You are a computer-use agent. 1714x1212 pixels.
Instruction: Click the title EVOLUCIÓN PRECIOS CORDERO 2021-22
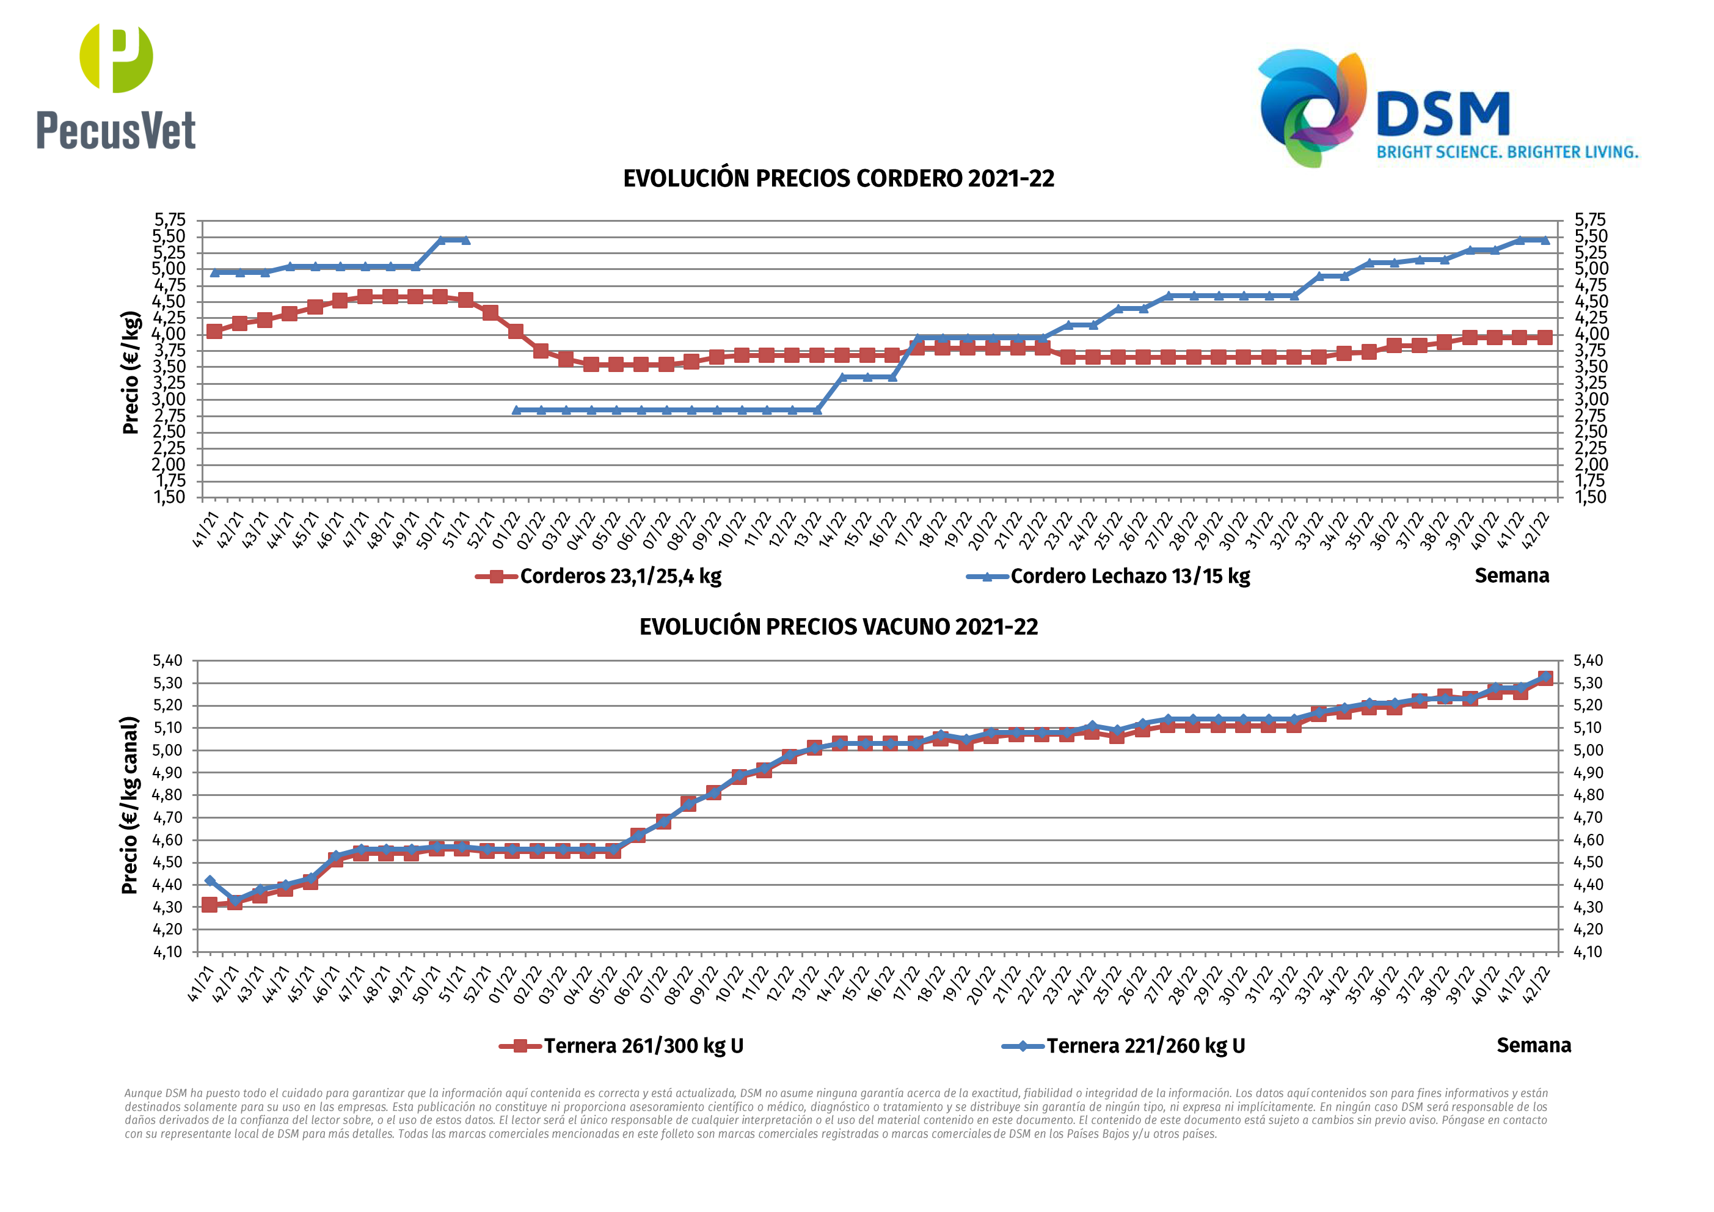tap(838, 178)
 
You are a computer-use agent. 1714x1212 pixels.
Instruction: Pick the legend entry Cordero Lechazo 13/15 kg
tap(1129, 575)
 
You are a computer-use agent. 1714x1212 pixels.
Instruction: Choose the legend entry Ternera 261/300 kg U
tap(643, 1045)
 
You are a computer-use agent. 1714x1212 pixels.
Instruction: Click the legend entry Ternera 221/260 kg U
tap(1145, 1045)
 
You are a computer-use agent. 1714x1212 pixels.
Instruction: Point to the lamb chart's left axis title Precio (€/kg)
tap(131, 372)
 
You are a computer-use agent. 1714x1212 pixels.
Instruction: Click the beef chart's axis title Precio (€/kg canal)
tap(131, 805)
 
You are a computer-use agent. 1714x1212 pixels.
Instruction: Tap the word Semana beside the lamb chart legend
tap(1512, 575)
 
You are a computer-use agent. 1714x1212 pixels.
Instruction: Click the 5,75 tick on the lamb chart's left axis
tap(169, 219)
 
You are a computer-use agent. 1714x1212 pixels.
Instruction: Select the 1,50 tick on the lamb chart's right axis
tap(1590, 497)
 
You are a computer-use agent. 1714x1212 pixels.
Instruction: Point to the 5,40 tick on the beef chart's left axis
tap(167, 660)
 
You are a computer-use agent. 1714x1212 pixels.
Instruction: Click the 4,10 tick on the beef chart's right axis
tap(1588, 951)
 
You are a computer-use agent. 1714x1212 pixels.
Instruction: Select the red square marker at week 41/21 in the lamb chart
tap(214, 331)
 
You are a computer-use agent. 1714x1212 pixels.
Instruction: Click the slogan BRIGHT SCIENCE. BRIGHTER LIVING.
tap(1507, 152)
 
